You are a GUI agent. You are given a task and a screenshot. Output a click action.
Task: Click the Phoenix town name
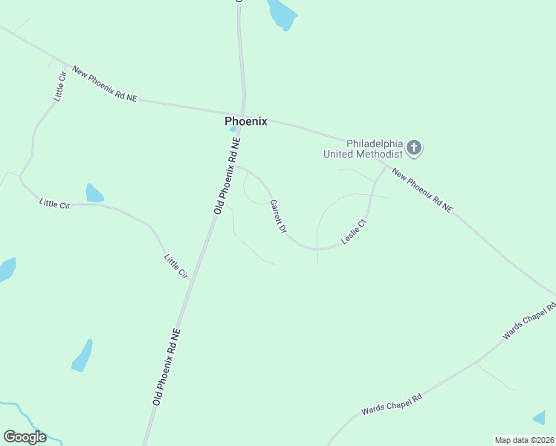point(245,121)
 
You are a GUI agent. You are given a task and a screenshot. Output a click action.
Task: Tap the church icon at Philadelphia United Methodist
point(415,149)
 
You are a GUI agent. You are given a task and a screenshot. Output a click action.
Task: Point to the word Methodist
point(381,154)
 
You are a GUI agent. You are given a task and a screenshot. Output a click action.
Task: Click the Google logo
point(25,437)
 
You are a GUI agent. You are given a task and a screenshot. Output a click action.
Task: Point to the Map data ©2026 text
point(524,440)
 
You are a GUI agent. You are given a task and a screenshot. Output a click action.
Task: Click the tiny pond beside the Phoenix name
point(233,129)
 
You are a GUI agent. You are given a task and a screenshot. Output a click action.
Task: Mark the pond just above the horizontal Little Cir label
point(94,193)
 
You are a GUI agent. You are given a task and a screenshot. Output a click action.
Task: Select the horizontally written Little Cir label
point(54,203)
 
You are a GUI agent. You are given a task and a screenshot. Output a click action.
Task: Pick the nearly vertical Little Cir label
point(60,85)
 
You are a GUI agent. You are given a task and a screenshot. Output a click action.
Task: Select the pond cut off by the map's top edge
point(281,12)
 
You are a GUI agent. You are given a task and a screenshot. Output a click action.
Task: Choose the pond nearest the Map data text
point(540,418)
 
